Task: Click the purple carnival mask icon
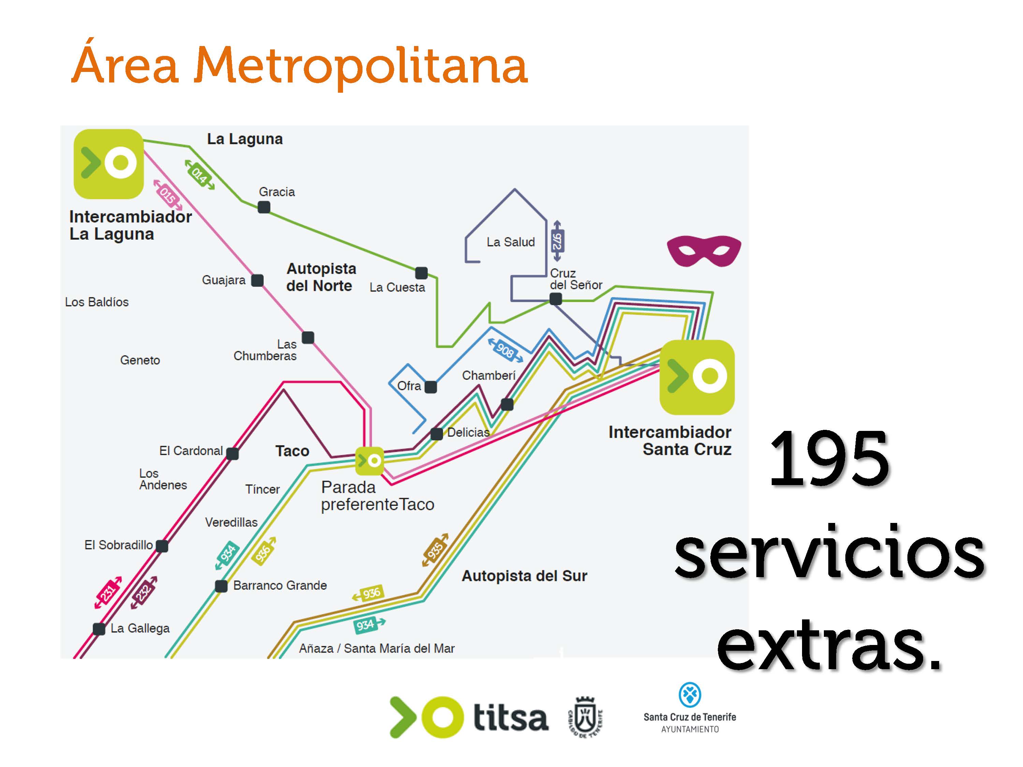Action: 703,251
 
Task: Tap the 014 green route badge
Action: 200,175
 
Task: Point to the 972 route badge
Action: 557,241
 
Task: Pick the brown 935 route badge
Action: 435,550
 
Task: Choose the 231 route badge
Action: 108,592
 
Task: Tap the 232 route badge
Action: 144,592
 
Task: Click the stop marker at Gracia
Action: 264,207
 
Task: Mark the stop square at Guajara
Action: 257,280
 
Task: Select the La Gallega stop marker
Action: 99,629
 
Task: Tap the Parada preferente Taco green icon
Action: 370,461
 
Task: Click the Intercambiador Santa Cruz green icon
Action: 696,377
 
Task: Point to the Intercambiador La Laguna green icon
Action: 109,164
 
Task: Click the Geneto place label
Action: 140,360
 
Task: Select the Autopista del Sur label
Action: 524,576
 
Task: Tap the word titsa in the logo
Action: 510,718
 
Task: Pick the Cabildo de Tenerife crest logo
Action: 585,717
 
